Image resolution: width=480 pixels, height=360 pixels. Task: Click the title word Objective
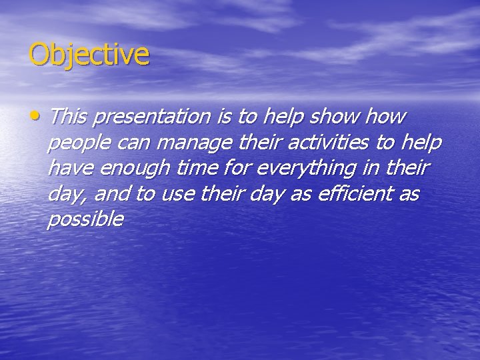coord(89,55)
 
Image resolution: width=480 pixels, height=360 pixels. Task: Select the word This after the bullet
coord(69,117)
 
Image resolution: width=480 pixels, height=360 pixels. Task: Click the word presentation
coord(151,117)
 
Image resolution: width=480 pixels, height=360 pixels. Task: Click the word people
coord(77,143)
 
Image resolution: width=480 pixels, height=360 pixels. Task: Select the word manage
coord(193,143)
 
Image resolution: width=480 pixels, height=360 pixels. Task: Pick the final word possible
coord(85,219)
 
